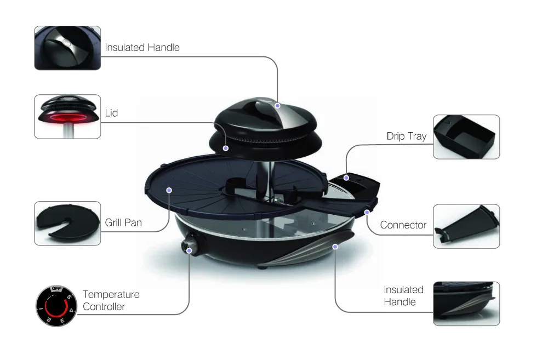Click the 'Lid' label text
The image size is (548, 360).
point(111,113)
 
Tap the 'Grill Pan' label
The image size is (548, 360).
point(123,223)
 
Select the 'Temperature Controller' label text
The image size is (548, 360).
point(111,300)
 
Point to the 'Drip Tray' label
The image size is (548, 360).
point(406,136)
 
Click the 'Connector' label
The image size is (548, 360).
point(403,225)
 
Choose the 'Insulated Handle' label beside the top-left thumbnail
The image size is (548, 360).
point(142,47)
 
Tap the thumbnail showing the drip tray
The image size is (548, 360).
point(466,136)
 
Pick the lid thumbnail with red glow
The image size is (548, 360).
point(67,116)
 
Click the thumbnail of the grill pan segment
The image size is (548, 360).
point(67,223)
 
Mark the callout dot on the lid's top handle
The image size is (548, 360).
point(278,105)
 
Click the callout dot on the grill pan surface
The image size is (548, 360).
point(169,190)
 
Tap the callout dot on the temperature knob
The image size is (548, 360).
point(190,250)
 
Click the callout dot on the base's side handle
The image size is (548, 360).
point(335,247)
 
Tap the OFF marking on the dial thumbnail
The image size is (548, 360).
point(56,288)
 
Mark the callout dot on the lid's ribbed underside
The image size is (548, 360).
point(226,147)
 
